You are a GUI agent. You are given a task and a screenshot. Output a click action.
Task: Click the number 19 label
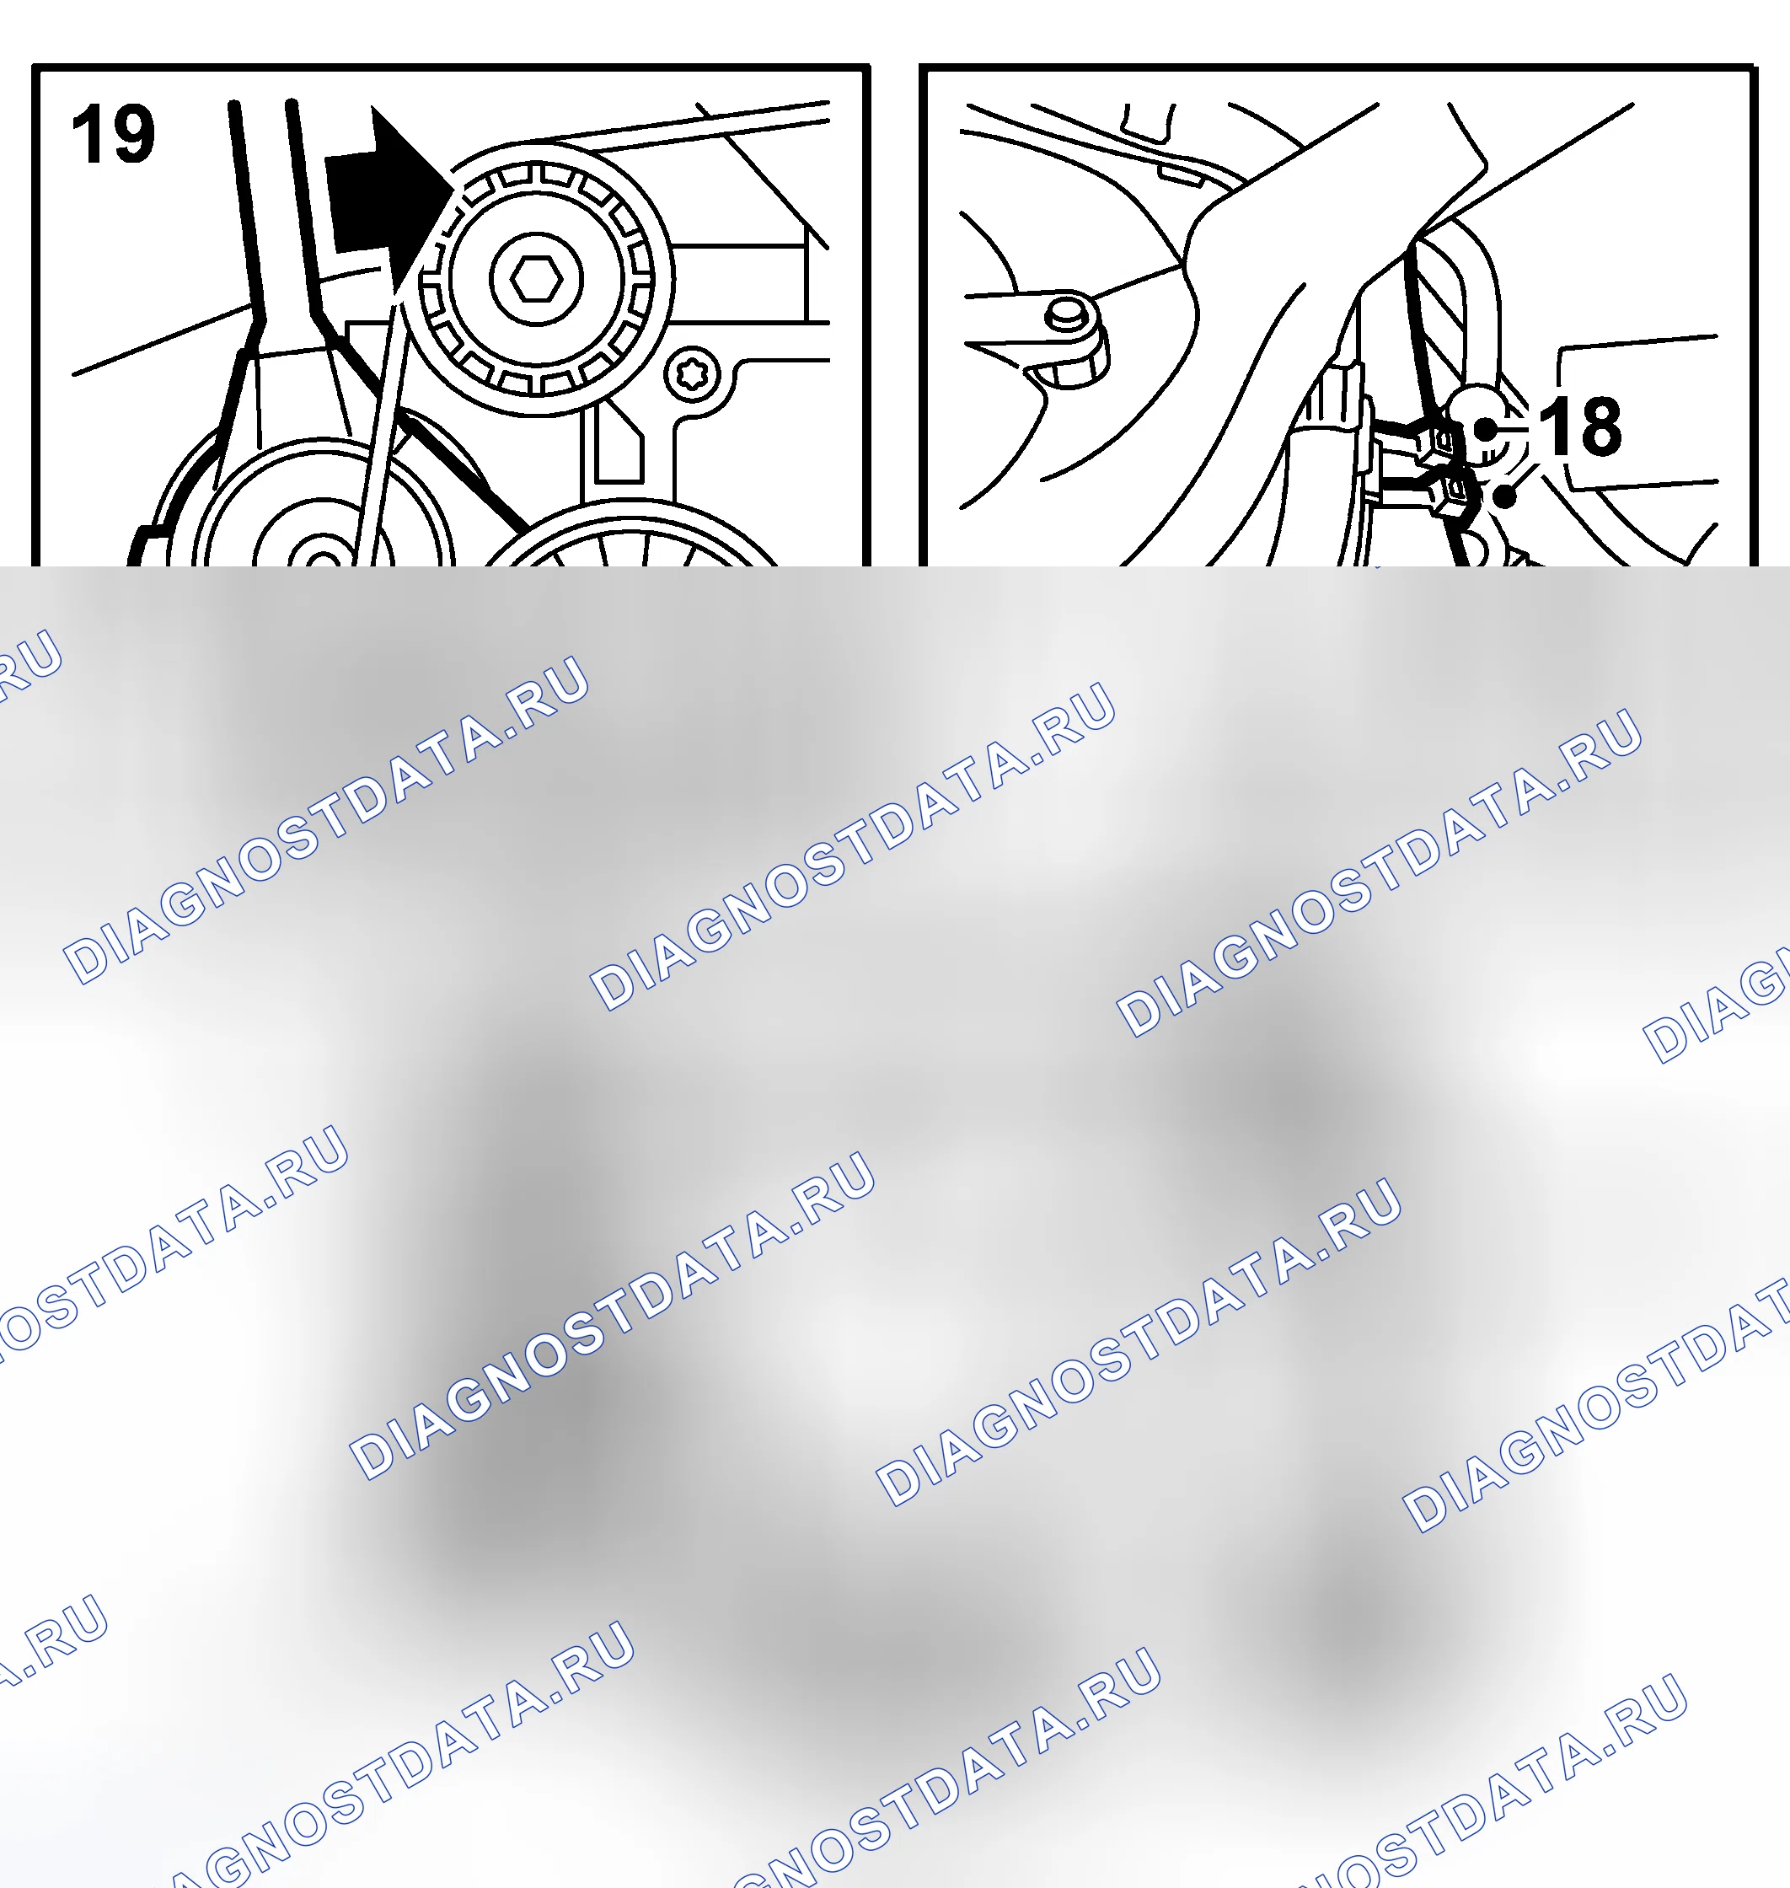click(x=113, y=135)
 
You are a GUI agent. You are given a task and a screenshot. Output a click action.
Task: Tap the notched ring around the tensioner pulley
click(x=536, y=280)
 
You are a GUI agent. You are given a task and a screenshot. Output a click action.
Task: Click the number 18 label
click(x=1580, y=426)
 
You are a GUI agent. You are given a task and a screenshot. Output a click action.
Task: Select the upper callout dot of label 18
click(x=1486, y=430)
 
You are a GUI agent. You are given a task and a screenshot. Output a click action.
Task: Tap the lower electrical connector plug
click(x=1449, y=491)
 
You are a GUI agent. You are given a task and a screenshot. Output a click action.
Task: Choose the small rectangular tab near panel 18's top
click(x=1182, y=174)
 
